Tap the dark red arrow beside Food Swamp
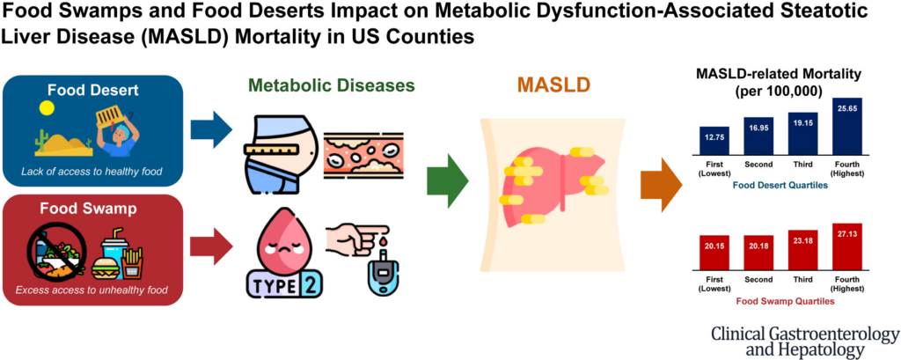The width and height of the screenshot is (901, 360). pyautogui.click(x=211, y=237)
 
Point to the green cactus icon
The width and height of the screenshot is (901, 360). pyautogui.click(x=41, y=141)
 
